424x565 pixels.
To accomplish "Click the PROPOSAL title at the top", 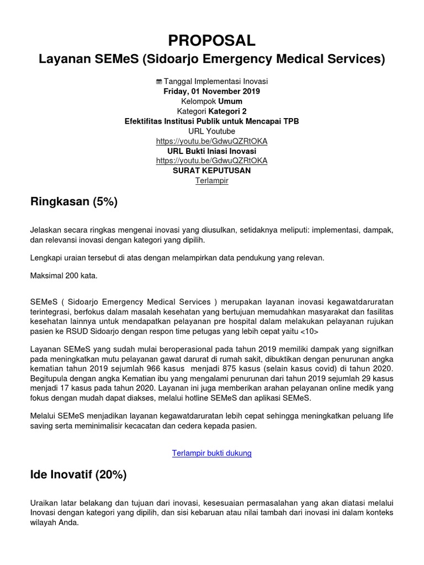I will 212,40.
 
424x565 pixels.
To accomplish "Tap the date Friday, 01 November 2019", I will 212,91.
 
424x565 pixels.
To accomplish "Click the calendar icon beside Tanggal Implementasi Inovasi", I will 159,82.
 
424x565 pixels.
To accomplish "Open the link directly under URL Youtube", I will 212,141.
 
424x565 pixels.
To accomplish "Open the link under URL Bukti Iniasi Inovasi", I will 212,161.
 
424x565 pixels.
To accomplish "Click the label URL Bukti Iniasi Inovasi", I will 212,151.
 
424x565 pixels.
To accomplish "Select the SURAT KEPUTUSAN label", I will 212,170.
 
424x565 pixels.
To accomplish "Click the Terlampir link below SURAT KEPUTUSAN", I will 212,180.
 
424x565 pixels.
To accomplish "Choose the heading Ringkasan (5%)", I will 74,202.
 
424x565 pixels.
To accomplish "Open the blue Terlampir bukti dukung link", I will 212,453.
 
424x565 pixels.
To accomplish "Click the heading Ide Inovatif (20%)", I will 78,475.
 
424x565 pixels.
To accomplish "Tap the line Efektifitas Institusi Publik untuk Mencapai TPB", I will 212,121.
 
